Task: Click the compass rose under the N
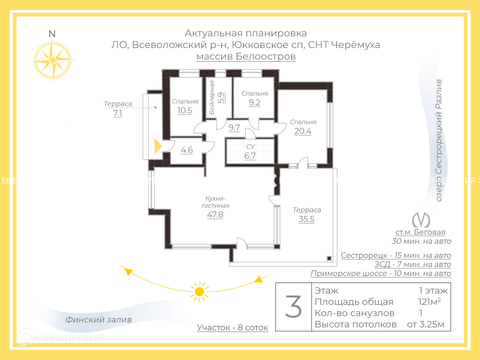coord(52,60)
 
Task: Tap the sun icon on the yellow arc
coord(199,292)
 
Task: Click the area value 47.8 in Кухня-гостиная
coord(215,215)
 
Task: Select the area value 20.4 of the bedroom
coord(303,131)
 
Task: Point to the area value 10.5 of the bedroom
coord(184,111)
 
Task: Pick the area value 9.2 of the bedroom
coord(255,103)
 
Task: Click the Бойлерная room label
coord(212,97)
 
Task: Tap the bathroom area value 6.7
coord(250,156)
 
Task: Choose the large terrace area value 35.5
coord(306,219)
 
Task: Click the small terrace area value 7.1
coord(118,113)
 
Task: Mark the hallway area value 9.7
coord(234,128)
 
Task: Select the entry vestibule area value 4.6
coord(187,150)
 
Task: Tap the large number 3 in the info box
coord(293,307)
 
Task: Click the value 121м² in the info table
coord(429,302)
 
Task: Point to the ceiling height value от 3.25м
coord(426,324)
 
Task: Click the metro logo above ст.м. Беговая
coord(421,220)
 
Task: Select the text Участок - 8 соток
coord(232,328)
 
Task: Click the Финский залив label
coord(99,320)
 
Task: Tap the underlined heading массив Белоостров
coord(246,57)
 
